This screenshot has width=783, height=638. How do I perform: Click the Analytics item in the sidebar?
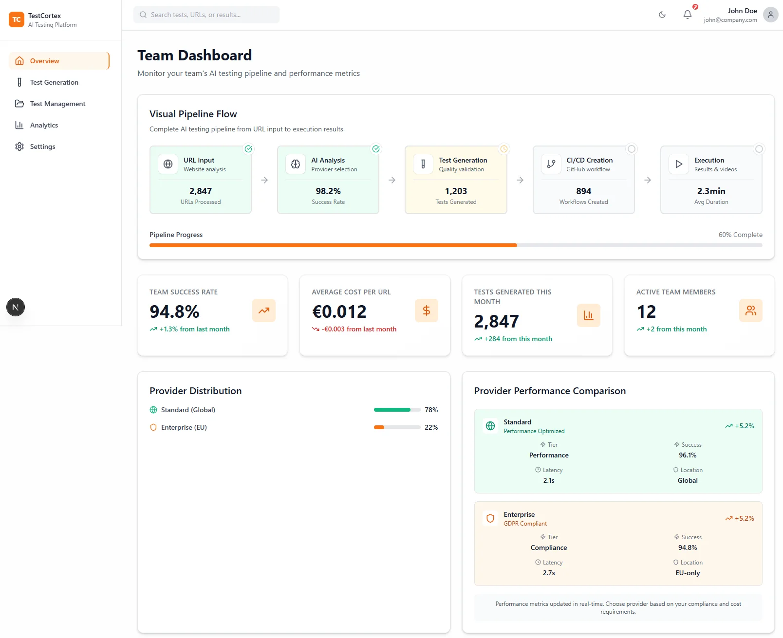[x=44, y=125]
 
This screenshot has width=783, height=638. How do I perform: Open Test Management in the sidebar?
[x=57, y=104]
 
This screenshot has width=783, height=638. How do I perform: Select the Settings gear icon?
[x=19, y=146]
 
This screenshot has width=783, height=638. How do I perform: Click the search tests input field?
[x=206, y=15]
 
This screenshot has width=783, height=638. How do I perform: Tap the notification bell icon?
[x=687, y=15]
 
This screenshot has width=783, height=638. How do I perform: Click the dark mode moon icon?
[x=662, y=15]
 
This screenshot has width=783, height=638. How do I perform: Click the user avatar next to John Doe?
[x=770, y=15]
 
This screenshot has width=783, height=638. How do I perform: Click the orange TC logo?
[x=17, y=19]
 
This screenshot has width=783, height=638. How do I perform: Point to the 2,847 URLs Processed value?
[x=201, y=191]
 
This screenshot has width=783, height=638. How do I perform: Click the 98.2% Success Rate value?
[x=328, y=191]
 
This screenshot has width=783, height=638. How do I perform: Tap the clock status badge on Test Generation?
[x=504, y=149]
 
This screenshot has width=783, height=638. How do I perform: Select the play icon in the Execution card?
[x=679, y=164]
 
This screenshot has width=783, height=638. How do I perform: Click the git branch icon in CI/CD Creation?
[x=551, y=164]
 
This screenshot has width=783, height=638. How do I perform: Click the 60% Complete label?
[x=740, y=235]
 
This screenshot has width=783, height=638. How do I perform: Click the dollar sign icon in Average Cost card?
[x=427, y=310]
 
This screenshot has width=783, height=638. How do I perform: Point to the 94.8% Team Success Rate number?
[x=174, y=311]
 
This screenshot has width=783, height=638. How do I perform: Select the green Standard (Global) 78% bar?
[x=392, y=410]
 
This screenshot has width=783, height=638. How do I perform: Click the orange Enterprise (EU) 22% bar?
[x=379, y=427]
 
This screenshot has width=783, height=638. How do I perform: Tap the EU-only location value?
[x=688, y=573]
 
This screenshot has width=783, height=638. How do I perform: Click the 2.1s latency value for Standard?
[x=549, y=480]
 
